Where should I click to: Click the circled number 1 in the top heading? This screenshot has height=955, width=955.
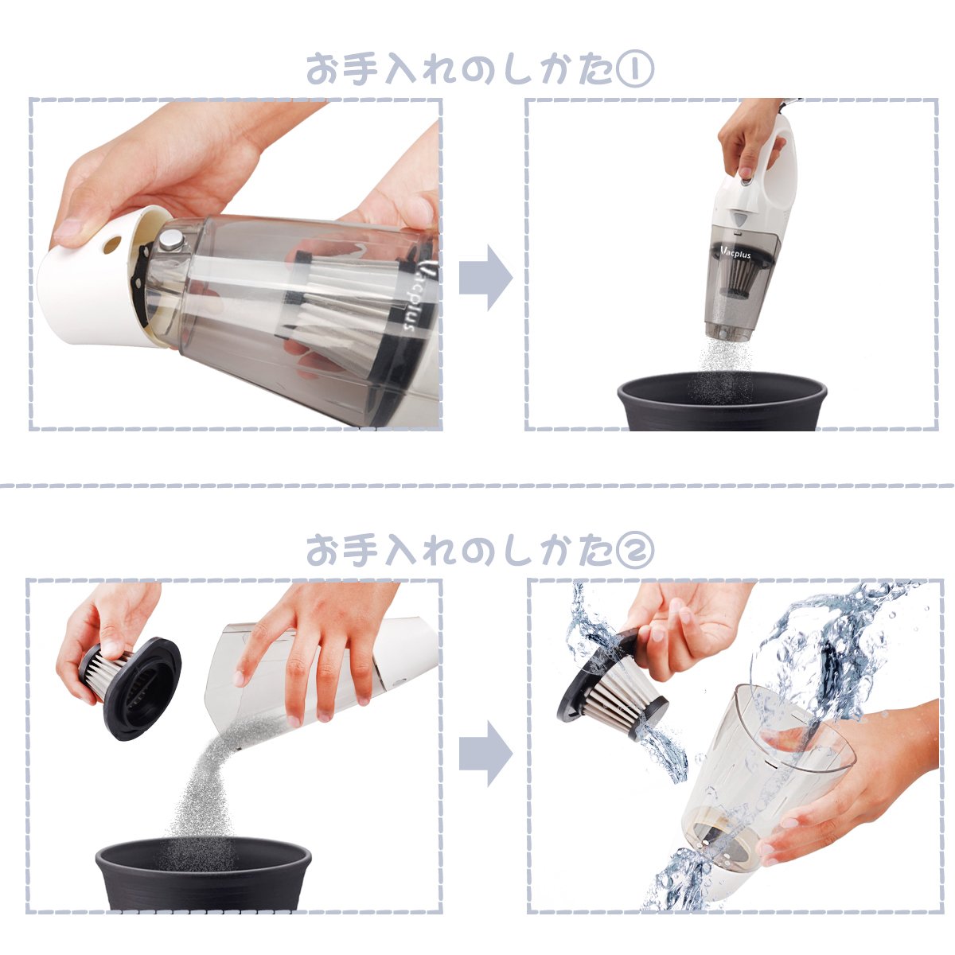635,70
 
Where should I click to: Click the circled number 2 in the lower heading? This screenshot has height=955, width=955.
635,550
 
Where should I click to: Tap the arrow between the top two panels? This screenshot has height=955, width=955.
485,277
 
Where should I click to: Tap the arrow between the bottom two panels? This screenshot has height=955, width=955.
485,754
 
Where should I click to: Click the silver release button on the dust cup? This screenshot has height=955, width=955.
171,241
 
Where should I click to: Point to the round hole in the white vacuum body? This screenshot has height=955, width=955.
112,244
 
